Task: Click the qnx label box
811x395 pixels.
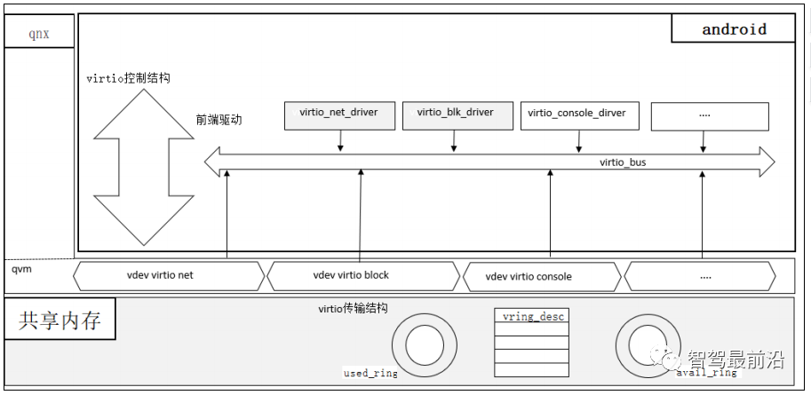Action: pyautogui.click(x=39, y=31)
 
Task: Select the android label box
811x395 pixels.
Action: pyautogui.click(x=733, y=28)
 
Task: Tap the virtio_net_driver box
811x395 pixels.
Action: pyautogui.click(x=339, y=115)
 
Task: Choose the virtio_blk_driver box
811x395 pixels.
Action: pyautogui.click(x=457, y=115)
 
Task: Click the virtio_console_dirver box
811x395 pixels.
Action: pyautogui.click(x=580, y=115)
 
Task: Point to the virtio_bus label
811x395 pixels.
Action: pyautogui.click(x=623, y=162)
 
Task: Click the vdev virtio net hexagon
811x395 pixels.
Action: pyautogui.click(x=169, y=276)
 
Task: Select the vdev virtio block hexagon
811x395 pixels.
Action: pyautogui.click(x=363, y=276)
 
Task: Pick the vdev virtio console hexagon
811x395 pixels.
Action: pyautogui.click(x=542, y=277)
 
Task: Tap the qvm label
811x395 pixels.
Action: pyautogui.click(x=21, y=269)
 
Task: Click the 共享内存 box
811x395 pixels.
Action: pyautogui.click(x=60, y=319)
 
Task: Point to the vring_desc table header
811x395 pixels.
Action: pyautogui.click(x=532, y=316)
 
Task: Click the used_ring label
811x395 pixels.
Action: pyautogui.click(x=370, y=373)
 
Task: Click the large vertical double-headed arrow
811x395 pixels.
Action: pyautogui.click(x=144, y=167)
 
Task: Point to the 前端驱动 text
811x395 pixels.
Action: pyautogui.click(x=219, y=120)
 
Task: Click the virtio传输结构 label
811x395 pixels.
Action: pyautogui.click(x=353, y=309)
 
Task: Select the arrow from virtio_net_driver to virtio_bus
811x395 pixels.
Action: pyautogui.click(x=340, y=140)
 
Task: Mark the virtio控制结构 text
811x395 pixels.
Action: pyautogui.click(x=128, y=78)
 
